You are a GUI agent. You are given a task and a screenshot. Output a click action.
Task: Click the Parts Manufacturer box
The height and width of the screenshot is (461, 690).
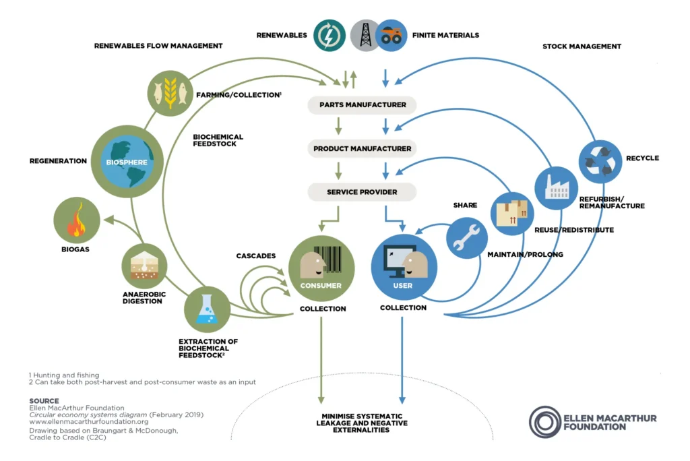[x=363, y=105]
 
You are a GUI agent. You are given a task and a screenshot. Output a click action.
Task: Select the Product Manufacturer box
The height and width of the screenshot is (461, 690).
[x=363, y=148]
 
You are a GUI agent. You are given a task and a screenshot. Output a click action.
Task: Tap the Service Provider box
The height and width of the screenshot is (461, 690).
[x=363, y=192]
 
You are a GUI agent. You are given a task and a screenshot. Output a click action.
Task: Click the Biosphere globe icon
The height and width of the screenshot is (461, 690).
[x=128, y=161]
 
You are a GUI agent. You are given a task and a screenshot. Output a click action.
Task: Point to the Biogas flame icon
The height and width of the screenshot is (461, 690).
[x=77, y=220]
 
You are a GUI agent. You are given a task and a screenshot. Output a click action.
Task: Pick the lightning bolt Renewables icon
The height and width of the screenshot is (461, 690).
[x=330, y=35]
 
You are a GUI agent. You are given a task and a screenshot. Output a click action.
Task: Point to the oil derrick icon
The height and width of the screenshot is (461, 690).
[x=365, y=35]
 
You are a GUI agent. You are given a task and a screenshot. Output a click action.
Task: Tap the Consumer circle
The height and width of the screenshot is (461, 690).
[x=321, y=268]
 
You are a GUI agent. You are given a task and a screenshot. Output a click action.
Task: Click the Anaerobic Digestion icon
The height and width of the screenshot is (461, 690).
[x=144, y=266]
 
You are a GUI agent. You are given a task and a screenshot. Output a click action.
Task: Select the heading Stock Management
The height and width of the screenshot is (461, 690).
[x=582, y=47]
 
